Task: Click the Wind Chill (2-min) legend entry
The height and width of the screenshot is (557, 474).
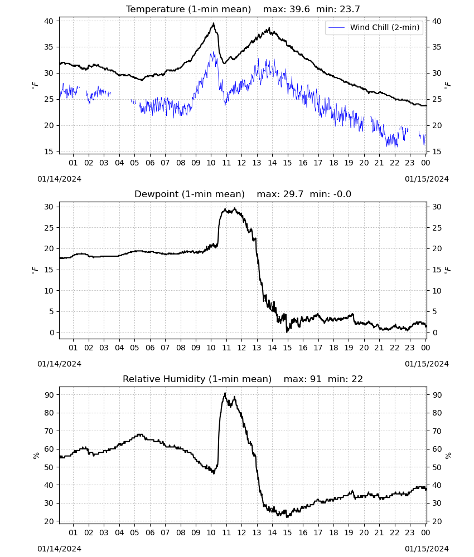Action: tap(374, 27)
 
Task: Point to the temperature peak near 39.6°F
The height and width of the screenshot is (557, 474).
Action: tap(214, 23)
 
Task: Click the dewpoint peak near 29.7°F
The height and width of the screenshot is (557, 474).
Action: tap(234, 208)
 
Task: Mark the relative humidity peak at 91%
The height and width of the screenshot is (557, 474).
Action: tap(225, 393)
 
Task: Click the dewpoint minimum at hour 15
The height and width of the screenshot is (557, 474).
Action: tap(287, 332)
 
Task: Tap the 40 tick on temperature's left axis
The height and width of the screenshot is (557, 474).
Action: tap(49, 21)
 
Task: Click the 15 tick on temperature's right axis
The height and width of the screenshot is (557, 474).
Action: tap(437, 152)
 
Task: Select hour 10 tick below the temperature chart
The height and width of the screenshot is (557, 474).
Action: tap(211, 163)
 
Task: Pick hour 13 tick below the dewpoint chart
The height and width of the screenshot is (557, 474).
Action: tap(257, 348)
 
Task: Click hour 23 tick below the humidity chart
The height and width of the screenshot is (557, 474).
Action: tap(410, 532)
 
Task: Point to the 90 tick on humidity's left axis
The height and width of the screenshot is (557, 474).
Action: tap(49, 395)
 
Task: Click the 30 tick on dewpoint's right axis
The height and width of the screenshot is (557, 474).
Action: tap(437, 207)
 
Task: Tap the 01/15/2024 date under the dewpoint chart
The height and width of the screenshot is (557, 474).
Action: tap(427, 364)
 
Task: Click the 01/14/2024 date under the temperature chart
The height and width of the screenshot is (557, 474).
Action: tap(59, 179)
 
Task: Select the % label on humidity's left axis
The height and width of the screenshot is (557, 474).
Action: tap(36, 456)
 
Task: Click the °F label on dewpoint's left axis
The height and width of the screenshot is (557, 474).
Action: tap(35, 270)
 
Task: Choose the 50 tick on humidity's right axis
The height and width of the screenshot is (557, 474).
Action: tap(437, 467)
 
